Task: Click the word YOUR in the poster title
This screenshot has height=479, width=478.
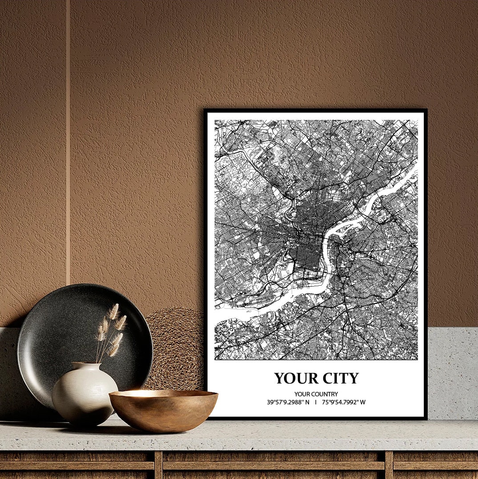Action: coord(294,378)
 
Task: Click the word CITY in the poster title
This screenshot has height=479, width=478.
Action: coord(337,378)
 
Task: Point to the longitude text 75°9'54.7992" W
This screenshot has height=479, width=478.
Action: coord(344,403)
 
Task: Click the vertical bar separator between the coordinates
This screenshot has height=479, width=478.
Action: coord(316,403)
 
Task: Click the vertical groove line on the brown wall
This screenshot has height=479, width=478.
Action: coord(68,133)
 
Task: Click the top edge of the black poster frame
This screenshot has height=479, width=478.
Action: coord(316,110)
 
